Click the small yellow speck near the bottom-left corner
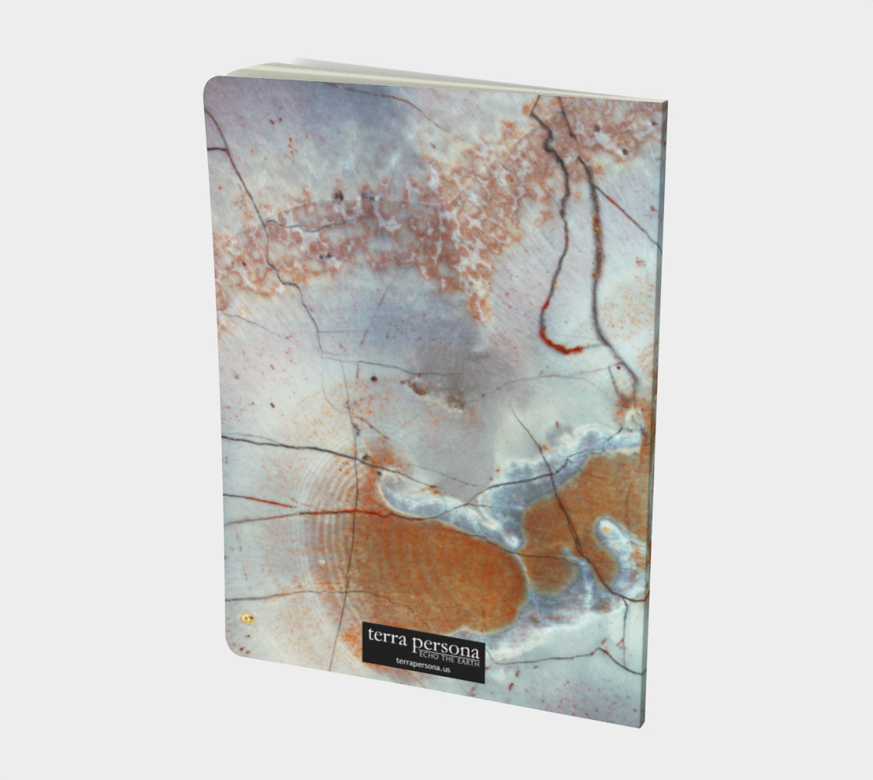[x=247, y=619]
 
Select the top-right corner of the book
[x=664, y=102]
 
